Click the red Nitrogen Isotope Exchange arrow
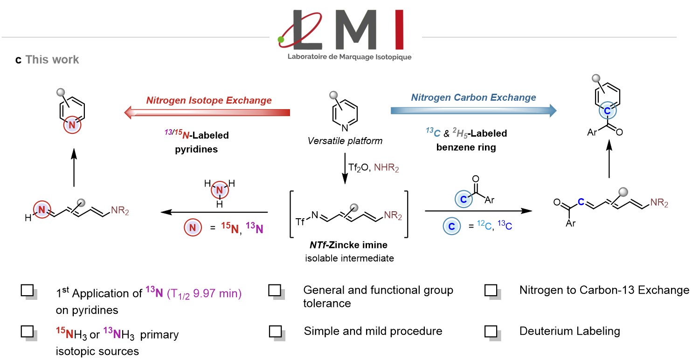tap(207, 112)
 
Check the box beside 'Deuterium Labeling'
tap(491, 331)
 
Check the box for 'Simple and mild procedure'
tap(275, 331)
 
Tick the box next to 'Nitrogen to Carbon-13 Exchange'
tap(491, 291)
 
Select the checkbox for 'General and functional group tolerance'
tap(275, 291)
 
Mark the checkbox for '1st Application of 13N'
tap(27, 291)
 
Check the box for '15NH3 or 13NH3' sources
tap(27, 331)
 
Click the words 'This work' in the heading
tap(52, 60)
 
